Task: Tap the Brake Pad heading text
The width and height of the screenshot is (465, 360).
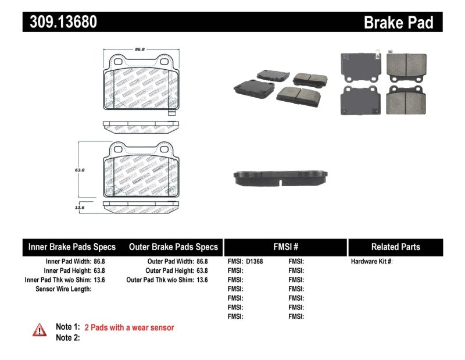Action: coord(398,23)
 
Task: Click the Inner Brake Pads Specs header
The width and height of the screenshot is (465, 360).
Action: coord(72,247)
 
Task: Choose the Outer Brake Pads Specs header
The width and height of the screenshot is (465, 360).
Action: coord(173,247)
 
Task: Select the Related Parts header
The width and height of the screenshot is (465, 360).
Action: coord(395,247)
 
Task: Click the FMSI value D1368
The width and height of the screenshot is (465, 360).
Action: coord(254,262)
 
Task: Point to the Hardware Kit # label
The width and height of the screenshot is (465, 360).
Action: coord(371,262)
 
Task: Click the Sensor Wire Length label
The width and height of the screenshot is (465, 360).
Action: coord(63,289)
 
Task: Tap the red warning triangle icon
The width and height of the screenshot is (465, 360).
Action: coord(39,330)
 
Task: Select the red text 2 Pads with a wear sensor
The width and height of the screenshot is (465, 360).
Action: coord(129,327)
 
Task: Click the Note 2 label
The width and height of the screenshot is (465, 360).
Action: coord(67,337)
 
